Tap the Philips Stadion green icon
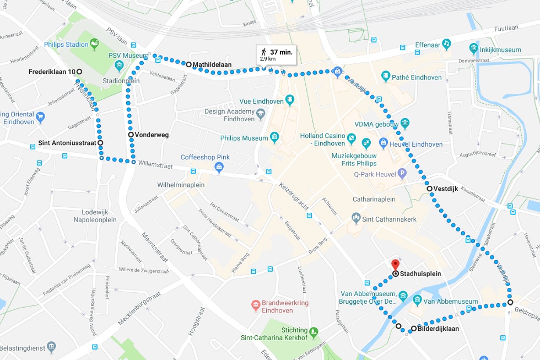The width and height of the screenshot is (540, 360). click(94, 42)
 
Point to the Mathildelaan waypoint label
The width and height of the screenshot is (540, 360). click(212, 65)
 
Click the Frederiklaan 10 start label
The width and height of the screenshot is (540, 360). click(52, 72)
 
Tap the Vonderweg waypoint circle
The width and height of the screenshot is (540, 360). click(131, 135)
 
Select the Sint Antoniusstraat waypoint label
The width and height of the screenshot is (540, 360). click(67, 143)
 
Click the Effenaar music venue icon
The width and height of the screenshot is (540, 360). click(446, 43)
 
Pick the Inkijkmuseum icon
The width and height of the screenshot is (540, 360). click(473, 50)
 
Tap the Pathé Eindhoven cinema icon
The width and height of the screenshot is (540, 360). click(385, 77)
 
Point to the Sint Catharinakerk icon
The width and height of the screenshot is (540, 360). click(356, 219)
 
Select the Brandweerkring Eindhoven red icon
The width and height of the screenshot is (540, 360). click(255, 304)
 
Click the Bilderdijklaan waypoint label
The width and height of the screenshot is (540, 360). click(439, 329)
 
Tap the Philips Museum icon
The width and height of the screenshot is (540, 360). click(274, 137)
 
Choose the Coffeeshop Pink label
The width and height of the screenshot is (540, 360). click(205, 157)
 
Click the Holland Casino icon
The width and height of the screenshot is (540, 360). click(366, 144)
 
